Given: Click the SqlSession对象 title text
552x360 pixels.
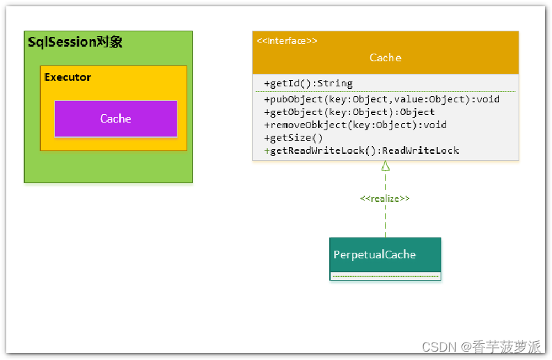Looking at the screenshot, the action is click(x=75, y=42).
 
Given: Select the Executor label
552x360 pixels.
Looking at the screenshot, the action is click(x=68, y=77).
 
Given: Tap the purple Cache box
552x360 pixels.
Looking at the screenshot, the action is click(x=116, y=118).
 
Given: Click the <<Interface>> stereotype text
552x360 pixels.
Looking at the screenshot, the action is click(x=287, y=41).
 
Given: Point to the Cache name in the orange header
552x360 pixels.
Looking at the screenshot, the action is click(x=386, y=57).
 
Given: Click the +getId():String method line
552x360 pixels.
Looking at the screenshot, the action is click(x=308, y=84).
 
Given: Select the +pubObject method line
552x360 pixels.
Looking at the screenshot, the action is click(x=381, y=100).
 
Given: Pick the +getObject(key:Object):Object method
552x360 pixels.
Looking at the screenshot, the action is click(x=349, y=112).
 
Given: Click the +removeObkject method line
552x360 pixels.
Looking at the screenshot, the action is click(x=355, y=125).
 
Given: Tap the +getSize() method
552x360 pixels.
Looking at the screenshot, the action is click(x=293, y=138).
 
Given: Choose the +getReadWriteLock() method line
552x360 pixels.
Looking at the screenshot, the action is click(x=361, y=151).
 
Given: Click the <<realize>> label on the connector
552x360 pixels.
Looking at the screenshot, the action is click(x=385, y=198).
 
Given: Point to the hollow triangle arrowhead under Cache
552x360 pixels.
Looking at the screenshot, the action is click(x=386, y=166).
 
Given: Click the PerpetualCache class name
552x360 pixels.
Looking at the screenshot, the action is click(x=374, y=254).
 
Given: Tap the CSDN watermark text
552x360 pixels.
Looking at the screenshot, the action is click(x=481, y=347).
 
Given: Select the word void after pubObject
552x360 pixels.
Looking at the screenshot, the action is click(x=488, y=100).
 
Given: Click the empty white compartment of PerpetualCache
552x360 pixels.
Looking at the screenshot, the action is click(x=385, y=276).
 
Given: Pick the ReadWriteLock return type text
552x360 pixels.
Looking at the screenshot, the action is click(x=420, y=151).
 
